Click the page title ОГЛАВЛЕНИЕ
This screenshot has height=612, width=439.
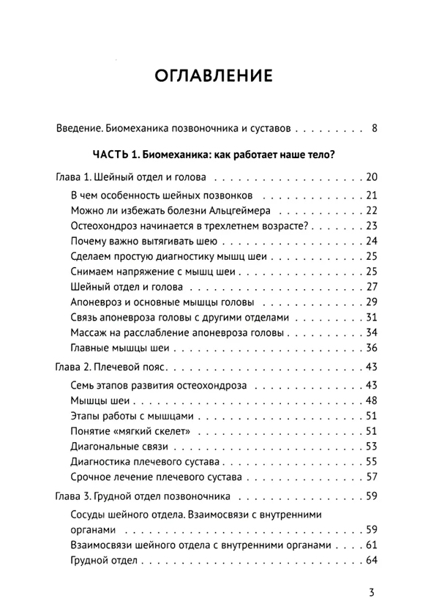214,75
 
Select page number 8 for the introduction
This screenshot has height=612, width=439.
374,129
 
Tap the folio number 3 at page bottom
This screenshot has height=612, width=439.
373,592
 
